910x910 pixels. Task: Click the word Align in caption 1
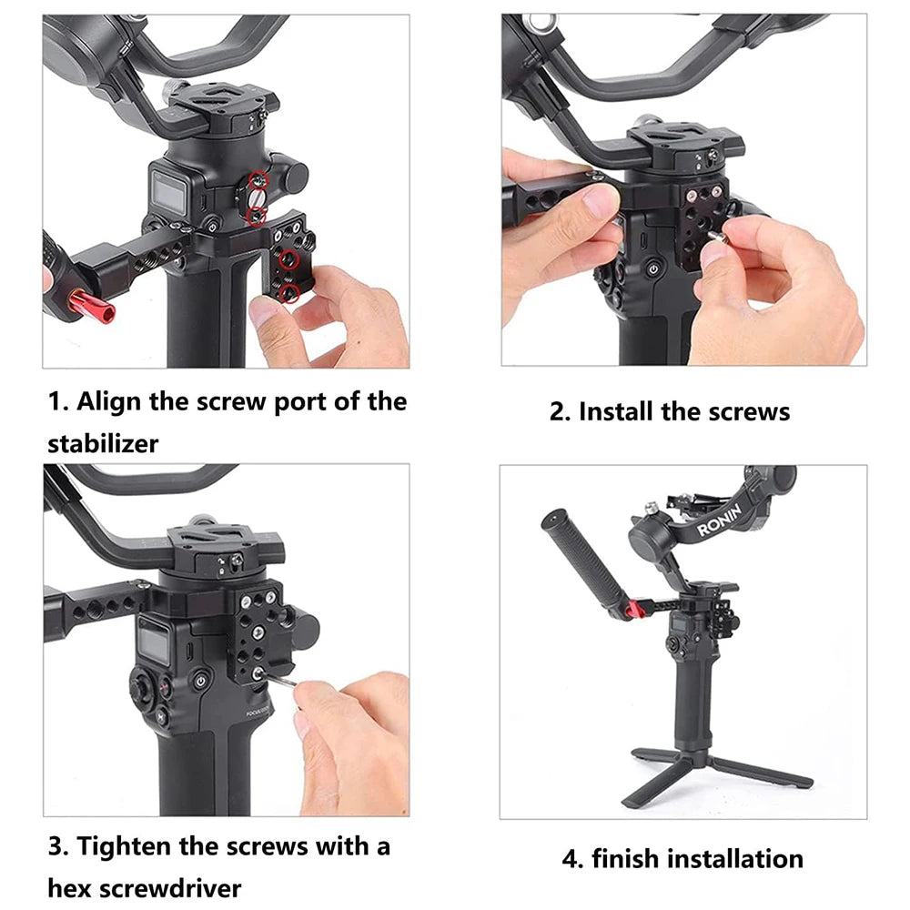[x=111, y=401]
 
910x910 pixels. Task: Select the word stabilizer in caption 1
[x=103, y=444]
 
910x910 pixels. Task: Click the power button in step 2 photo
[x=652, y=269]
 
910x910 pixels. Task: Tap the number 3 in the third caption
[x=56, y=846]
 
